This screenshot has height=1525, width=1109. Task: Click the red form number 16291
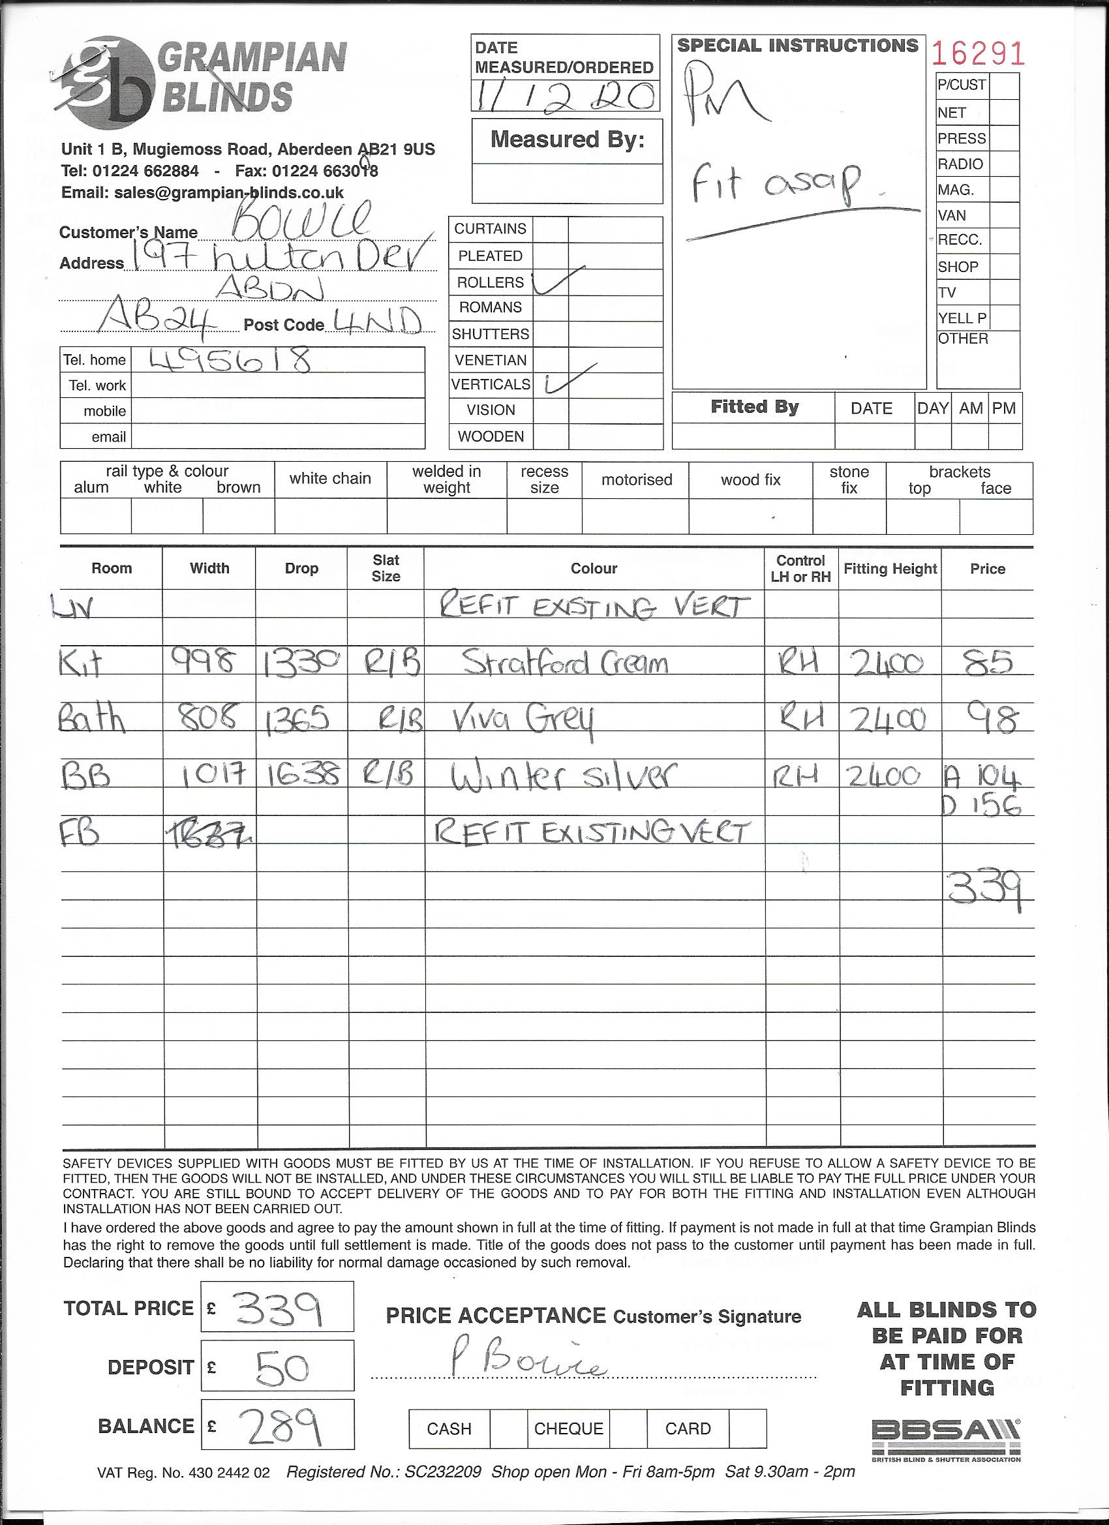pyautogui.click(x=979, y=53)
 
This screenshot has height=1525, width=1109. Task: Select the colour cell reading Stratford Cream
pyautogui.click(x=565, y=663)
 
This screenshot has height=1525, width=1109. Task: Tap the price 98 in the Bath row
pyautogui.click(x=989, y=719)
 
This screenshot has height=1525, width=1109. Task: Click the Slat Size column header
pyautogui.click(x=386, y=568)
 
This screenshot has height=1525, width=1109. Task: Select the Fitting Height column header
pyautogui.click(x=890, y=569)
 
